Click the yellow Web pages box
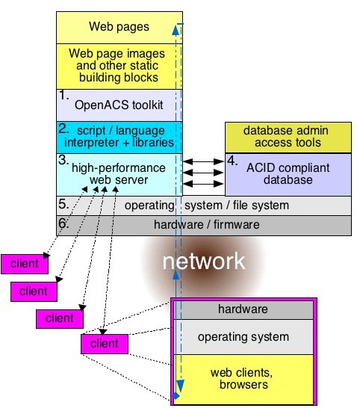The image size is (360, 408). point(120,27)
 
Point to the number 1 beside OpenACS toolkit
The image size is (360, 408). point(63,96)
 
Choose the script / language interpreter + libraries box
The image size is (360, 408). point(120,137)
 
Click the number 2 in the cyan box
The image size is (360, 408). point(63,128)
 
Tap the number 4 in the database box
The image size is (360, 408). point(232,160)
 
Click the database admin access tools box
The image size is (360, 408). point(288,137)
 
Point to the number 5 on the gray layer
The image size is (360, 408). point(63,203)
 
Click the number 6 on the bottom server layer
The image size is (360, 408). point(63,223)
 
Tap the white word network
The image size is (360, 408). point(203,261)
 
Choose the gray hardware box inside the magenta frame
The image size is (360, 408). point(242,309)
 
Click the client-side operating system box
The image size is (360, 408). point(242,337)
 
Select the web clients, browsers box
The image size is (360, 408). point(242,379)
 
